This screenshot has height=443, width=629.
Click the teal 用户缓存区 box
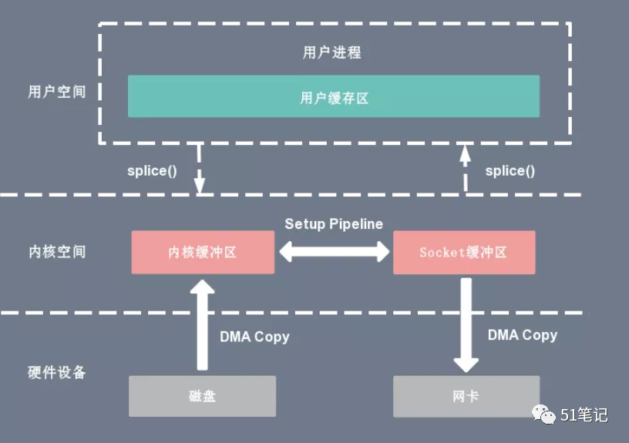click(x=333, y=96)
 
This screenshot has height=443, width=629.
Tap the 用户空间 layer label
click(x=57, y=92)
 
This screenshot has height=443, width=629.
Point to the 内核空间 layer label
click(x=57, y=252)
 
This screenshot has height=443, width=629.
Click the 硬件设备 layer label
click(x=57, y=373)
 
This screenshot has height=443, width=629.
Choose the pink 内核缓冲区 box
click(x=203, y=252)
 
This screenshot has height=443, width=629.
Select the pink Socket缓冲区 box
click(x=464, y=252)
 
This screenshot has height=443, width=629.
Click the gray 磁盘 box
click(x=202, y=396)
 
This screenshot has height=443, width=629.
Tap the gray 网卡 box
click(x=466, y=396)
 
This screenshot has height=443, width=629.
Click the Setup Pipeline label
click(x=334, y=224)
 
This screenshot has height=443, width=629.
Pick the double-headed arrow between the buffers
click(x=334, y=252)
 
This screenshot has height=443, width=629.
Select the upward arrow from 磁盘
click(x=202, y=324)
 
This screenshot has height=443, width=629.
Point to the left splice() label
click(x=152, y=171)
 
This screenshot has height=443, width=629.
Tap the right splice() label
click(x=510, y=171)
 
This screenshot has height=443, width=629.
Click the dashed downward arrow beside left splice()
click(x=199, y=168)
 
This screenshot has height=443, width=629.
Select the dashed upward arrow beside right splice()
click(x=465, y=168)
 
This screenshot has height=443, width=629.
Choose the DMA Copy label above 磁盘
click(x=254, y=337)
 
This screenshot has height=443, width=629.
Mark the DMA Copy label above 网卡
click(x=523, y=335)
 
